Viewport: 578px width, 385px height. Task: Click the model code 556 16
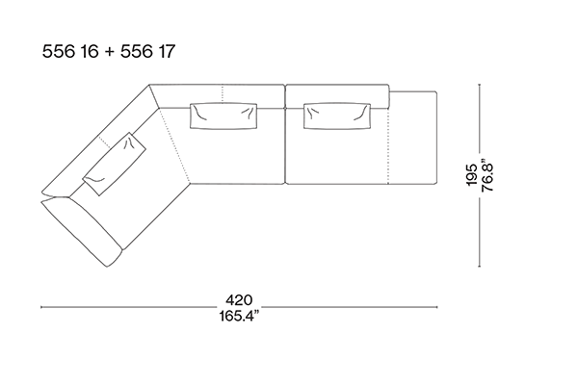pyautogui.click(x=70, y=51)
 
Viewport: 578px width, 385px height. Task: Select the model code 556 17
pyautogui.click(x=147, y=51)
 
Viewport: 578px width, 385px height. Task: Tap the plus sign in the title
pyautogui.click(x=110, y=52)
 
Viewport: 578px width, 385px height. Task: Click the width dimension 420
pyautogui.click(x=239, y=300)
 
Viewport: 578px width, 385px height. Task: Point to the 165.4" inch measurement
pyautogui.click(x=239, y=316)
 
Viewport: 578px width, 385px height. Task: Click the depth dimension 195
pyautogui.click(x=472, y=174)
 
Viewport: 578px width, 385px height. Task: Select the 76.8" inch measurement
pyautogui.click(x=487, y=174)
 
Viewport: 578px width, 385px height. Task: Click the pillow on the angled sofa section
pyautogui.click(x=114, y=164)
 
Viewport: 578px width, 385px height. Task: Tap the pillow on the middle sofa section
pyautogui.click(x=223, y=115)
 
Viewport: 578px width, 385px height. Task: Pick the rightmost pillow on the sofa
pyautogui.click(x=337, y=115)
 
